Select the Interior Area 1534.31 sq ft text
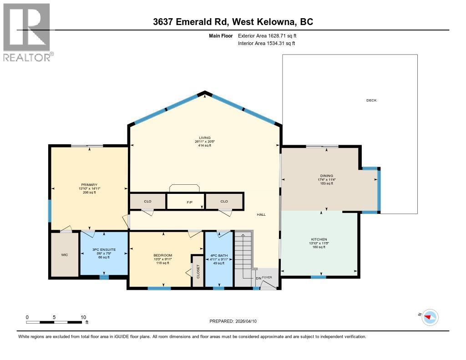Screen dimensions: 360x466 point(267,43)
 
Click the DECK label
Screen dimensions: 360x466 point(371,101)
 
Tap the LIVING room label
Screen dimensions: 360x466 point(204,137)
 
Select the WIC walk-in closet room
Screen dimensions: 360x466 point(64,254)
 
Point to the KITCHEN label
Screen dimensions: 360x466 point(319,239)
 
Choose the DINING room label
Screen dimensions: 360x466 point(326,176)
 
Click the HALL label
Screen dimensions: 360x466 point(261,214)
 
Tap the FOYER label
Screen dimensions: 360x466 point(267,277)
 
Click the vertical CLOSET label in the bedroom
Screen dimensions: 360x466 point(198,272)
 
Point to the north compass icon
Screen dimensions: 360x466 point(430,317)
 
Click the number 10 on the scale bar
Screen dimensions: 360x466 point(83,317)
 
